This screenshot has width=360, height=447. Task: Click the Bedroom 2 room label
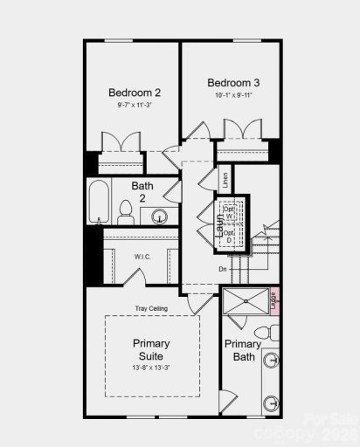(134, 93)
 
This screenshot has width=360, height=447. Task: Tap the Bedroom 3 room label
(233, 83)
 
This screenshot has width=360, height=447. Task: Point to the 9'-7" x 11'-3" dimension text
(134, 106)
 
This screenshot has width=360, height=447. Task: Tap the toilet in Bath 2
(125, 216)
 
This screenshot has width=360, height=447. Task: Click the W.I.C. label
(143, 257)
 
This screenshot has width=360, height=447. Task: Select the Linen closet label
(225, 181)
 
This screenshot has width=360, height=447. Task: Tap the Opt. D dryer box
(230, 236)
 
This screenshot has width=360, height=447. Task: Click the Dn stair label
(224, 269)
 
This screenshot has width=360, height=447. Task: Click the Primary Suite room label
(151, 349)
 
